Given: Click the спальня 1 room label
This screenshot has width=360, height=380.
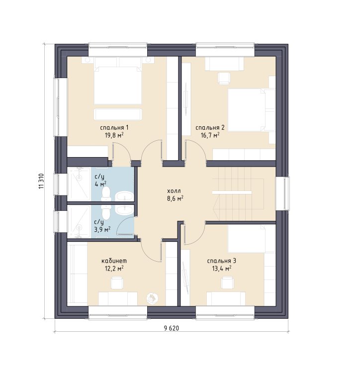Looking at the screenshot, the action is pos(114,128).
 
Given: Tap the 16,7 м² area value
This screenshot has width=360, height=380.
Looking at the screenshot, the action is pos(210,135).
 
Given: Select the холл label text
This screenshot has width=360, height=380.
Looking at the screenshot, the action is pos(174,191).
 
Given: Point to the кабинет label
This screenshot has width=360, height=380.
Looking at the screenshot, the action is pos(114,261).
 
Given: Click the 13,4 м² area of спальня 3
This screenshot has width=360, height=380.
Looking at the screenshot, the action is pos(221,269).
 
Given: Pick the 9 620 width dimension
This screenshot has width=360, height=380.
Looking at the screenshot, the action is pos(171,328).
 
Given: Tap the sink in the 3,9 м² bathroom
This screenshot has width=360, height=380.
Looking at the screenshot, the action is pos(124,210).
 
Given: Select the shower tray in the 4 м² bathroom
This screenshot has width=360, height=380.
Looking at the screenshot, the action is pos(79,184).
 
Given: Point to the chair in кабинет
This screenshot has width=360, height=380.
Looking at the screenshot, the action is pos(117,283).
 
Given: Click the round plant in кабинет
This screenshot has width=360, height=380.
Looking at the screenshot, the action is pos(152,297).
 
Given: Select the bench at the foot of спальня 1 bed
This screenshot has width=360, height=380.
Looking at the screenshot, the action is pos(118,114).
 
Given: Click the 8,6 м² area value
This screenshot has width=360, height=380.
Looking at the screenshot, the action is pos(175,199).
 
